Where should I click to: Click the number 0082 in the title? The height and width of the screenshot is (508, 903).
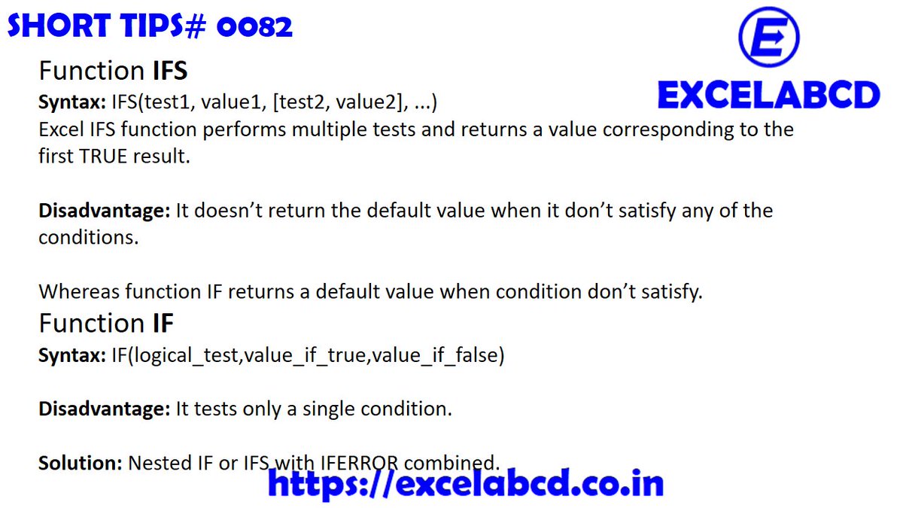(x=254, y=28)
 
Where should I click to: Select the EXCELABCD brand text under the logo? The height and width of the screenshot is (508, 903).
(x=768, y=96)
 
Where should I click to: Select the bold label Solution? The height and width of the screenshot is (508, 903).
(x=80, y=461)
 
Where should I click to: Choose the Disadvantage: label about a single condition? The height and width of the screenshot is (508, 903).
(x=104, y=409)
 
